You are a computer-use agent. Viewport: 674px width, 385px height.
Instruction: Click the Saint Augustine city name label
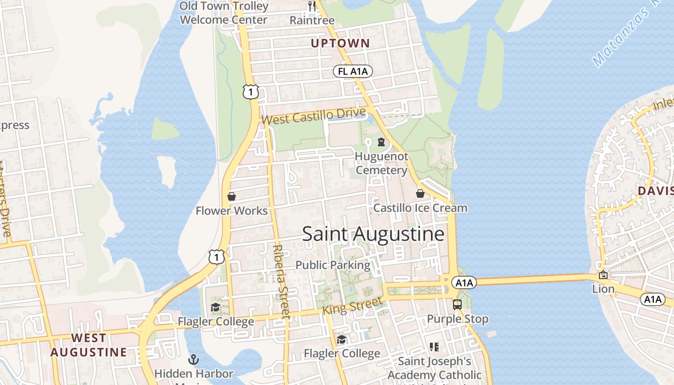click(373, 234)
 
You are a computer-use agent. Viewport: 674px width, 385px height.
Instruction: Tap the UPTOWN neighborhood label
click(340, 43)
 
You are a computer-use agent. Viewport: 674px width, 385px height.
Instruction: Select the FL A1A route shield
click(353, 72)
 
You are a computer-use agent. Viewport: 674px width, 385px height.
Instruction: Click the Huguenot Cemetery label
click(381, 163)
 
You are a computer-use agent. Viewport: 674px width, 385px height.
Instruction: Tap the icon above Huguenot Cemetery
click(381, 142)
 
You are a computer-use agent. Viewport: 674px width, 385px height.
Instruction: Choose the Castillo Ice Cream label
click(420, 208)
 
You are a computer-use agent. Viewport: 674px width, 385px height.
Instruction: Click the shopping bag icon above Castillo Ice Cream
click(420, 193)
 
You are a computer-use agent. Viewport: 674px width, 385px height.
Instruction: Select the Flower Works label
click(232, 211)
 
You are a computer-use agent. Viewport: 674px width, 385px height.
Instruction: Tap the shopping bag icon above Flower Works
click(232, 196)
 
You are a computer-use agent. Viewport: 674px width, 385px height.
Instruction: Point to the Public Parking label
click(333, 265)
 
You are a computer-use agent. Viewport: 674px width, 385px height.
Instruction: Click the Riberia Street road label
click(281, 282)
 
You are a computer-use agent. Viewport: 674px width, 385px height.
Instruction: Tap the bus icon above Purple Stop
click(457, 304)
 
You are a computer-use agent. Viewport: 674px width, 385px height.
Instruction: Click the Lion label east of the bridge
click(603, 289)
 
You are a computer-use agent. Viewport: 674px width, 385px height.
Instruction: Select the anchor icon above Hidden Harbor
click(194, 359)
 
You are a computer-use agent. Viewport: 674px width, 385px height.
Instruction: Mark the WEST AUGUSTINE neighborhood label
click(89, 345)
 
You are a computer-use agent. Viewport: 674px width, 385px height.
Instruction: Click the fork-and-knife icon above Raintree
click(312, 6)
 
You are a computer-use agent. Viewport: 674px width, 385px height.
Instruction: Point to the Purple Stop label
click(457, 319)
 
